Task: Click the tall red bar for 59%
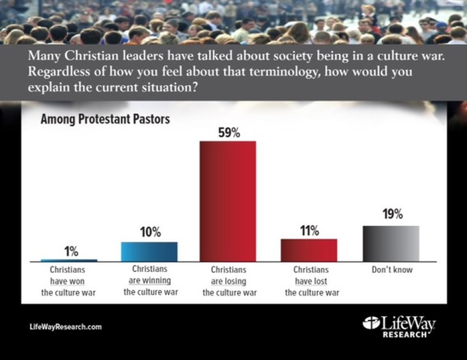click(x=227, y=201)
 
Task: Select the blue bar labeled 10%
click(x=149, y=251)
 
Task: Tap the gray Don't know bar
click(x=391, y=243)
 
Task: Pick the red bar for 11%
click(x=309, y=250)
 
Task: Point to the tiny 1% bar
click(x=69, y=260)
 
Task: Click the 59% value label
click(x=228, y=132)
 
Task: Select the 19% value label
click(x=392, y=215)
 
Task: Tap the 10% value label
click(x=149, y=232)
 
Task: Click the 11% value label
click(x=309, y=230)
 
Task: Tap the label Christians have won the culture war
click(x=69, y=281)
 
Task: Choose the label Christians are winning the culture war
click(x=149, y=281)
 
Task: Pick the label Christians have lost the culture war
click(x=311, y=281)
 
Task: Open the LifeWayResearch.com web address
click(x=65, y=327)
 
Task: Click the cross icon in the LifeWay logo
click(x=371, y=324)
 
